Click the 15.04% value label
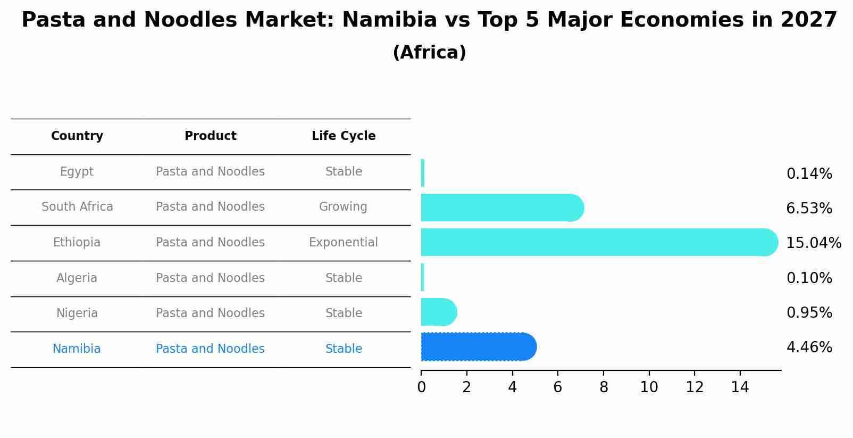[x=813, y=243]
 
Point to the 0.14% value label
[x=809, y=174]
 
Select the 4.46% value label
[x=809, y=348]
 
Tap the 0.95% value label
[x=809, y=313]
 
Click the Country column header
[x=77, y=136]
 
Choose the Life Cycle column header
[x=344, y=136]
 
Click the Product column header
[x=211, y=136]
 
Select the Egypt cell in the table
[x=77, y=172]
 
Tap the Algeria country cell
[x=77, y=278]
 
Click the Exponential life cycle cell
[x=344, y=243]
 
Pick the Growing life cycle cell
[x=343, y=207]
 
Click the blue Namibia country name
[x=77, y=349]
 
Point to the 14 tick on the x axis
[x=740, y=387]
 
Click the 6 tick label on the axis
[x=557, y=387]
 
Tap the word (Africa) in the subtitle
[x=429, y=53]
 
